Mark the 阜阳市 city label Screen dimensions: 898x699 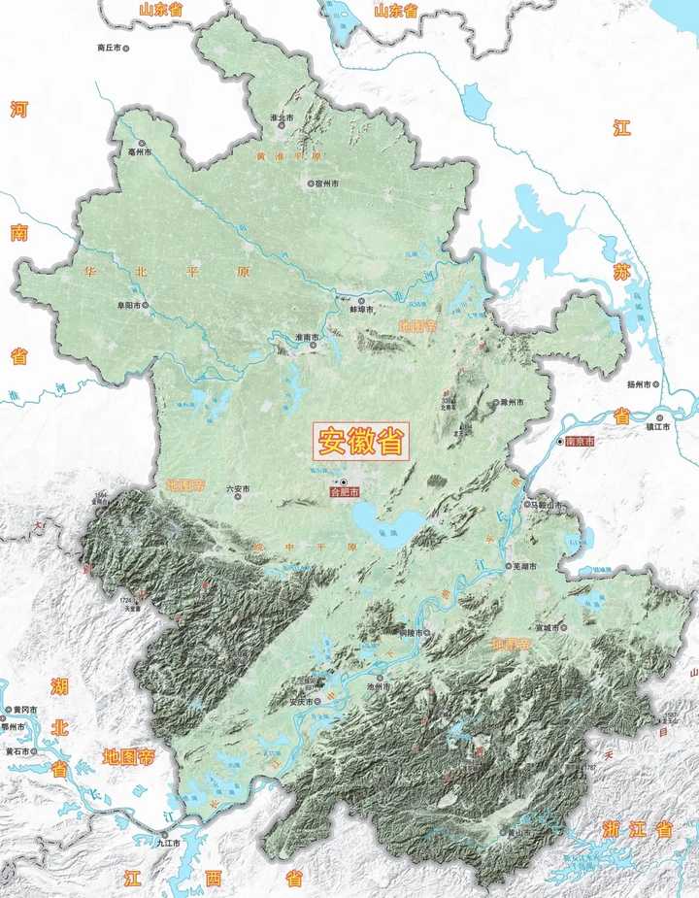(x=129, y=305)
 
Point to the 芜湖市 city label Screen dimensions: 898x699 (x=525, y=567)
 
